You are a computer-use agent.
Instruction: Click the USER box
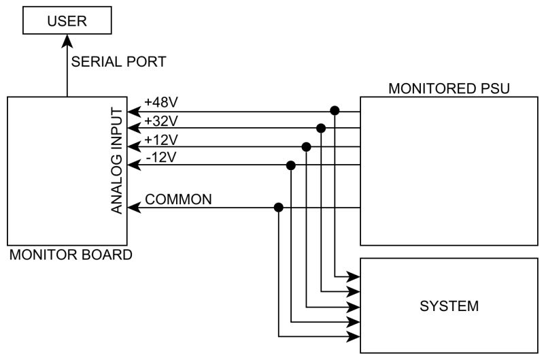67,21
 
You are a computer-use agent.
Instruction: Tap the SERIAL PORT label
119,62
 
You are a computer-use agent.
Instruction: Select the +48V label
161,103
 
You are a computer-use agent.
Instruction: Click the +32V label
161,122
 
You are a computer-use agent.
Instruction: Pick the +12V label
161,140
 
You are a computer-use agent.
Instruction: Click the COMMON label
179,199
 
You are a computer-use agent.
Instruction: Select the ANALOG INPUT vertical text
117,161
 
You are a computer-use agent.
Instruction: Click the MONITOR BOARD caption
70,256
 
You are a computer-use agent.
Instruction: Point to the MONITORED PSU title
449,88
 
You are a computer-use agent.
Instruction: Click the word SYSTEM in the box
449,306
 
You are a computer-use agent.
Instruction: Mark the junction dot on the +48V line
335,110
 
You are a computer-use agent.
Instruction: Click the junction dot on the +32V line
320,128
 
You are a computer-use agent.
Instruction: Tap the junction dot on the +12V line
306,146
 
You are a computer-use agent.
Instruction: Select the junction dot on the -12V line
292,165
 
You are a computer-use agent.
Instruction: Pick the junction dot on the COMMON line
277,208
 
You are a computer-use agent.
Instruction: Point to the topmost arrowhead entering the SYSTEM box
354,276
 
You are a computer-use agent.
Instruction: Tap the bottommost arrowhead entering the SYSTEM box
354,336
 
